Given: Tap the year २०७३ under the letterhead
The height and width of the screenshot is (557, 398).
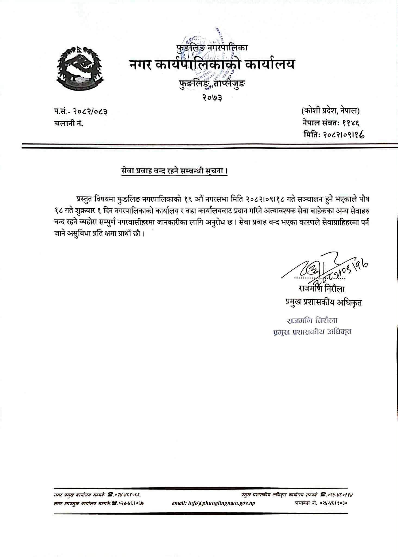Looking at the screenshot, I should (212, 98).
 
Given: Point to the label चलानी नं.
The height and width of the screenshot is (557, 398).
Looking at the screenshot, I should (68, 123).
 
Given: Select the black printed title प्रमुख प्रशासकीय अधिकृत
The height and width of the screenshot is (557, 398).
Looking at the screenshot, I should (323, 302).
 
